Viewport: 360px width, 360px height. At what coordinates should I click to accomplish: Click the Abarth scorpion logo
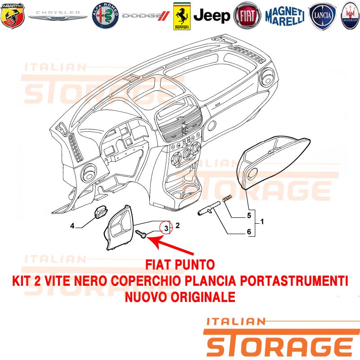(13, 16)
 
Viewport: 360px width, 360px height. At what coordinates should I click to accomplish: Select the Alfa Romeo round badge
(105, 16)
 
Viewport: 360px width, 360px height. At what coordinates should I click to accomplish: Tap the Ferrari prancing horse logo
(182, 16)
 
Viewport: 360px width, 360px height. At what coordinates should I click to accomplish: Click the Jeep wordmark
(211, 16)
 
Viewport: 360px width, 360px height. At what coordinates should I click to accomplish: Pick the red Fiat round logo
(247, 16)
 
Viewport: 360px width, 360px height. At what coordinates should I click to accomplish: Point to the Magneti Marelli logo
(285, 16)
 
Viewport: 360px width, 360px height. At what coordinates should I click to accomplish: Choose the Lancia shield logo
(322, 16)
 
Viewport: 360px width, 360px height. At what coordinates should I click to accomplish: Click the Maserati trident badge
(351, 16)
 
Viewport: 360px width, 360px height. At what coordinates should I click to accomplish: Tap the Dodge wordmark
(146, 16)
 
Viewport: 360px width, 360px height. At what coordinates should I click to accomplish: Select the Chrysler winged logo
(58, 15)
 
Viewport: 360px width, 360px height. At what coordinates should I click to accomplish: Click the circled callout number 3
(166, 228)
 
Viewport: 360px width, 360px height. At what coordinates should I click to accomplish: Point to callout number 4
(72, 226)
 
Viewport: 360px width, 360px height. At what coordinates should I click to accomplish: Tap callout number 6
(249, 232)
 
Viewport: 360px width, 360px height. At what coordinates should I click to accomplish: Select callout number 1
(262, 222)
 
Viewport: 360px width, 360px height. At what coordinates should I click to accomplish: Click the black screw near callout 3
(141, 234)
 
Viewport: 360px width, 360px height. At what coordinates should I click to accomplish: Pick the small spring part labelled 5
(227, 198)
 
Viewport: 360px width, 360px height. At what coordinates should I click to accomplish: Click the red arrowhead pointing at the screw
(154, 242)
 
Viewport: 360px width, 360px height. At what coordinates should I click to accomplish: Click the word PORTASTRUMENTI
(292, 281)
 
